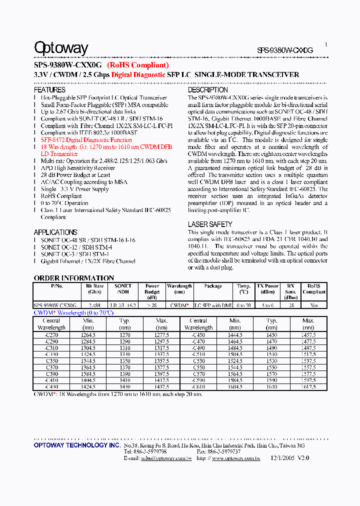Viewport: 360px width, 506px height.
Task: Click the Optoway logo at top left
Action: [60, 48]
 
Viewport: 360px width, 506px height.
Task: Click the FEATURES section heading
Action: [49, 90]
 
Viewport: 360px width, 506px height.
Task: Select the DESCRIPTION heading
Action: [207, 90]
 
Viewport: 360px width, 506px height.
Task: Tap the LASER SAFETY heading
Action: [210, 224]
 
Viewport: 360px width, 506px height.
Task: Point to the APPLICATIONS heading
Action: [55, 232]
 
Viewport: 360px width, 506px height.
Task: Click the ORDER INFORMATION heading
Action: [73, 278]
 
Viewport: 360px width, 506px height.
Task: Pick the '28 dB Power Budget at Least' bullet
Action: [75, 175]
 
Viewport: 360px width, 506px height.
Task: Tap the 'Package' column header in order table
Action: [213, 286]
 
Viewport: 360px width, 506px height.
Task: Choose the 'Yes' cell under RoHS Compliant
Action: [314, 305]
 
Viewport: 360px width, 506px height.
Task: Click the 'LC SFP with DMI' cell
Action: [213, 305]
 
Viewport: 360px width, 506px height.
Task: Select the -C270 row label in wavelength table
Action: [51, 335]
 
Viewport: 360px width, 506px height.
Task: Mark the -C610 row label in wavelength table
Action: [198, 387]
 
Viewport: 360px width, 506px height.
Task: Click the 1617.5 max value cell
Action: [308, 387]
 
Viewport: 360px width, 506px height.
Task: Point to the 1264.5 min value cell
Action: [88, 335]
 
